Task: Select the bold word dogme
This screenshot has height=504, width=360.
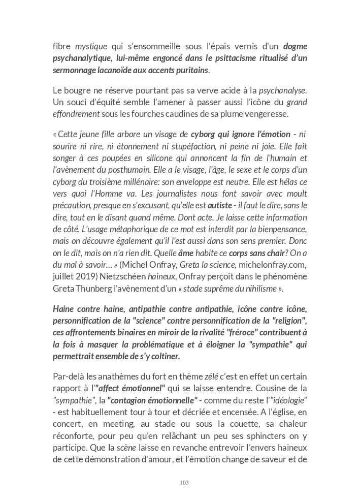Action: coord(296,46)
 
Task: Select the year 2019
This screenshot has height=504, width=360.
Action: coord(84,276)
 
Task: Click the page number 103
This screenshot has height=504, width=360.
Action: coord(184,483)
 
